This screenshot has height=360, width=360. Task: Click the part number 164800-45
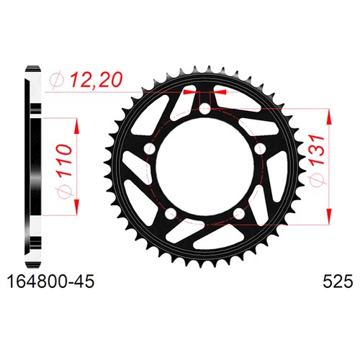(x=50, y=282)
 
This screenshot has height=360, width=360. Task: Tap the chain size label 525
(x=338, y=282)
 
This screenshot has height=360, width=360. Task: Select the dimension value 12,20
(x=96, y=79)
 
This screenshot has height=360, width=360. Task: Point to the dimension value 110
(x=65, y=160)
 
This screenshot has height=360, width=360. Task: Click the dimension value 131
(x=317, y=150)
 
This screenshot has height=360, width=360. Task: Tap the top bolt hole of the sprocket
(x=204, y=109)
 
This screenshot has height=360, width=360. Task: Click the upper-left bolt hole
(x=150, y=148)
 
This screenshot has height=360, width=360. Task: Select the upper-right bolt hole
(x=260, y=148)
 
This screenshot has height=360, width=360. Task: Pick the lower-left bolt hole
(x=171, y=213)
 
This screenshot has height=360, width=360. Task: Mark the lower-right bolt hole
(x=239, y=213)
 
